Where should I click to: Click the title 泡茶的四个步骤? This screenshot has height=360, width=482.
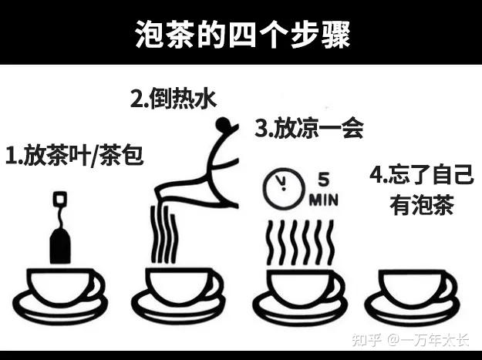coord(242,35)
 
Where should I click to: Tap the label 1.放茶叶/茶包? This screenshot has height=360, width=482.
coord(75,155)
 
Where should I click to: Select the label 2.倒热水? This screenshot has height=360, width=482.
coord(174,99)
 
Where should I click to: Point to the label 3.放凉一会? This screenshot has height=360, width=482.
coord(309,127)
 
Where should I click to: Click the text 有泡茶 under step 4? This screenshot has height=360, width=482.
coord(421,205)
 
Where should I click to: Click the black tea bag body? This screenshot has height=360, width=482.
coord(60,247)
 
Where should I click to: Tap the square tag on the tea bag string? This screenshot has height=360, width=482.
coord(60,199)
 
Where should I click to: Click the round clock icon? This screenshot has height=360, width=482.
coord(284,189)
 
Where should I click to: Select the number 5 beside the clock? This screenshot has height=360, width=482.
coord(323,180)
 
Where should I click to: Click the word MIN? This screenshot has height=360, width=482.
coord(324,200)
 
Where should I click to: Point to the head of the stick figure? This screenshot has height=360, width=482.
coord(222,124)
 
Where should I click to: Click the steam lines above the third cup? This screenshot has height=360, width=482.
coord(300,243)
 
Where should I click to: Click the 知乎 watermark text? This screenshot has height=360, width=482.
coord(366,340)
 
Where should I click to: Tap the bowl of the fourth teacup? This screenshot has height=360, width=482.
coord(411,289)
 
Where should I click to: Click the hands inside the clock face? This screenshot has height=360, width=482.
coord(282,183)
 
